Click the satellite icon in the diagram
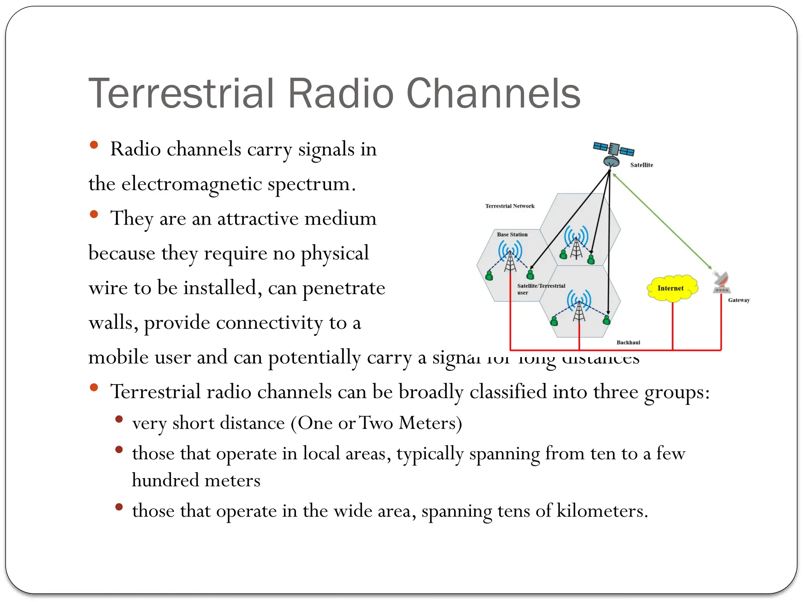pos(613,154)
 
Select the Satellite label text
pos(641,165)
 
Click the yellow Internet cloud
pos(671,288)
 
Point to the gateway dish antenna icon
pos(721,282)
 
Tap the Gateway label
pos(739,300)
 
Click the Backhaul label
pos(628,343)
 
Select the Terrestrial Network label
pos(510,206)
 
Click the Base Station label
pos(512,234)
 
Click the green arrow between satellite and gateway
pos(662,221)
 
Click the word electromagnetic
pos(191,184)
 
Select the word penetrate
pos(344,288)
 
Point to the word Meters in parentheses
pos(430,423)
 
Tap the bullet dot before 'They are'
pos(94,214)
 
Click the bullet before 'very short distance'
pos(119,420)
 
